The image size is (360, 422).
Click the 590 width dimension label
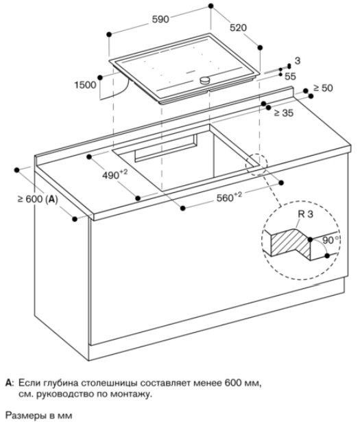160,19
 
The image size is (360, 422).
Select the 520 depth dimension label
238,27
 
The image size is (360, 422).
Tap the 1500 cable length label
85,85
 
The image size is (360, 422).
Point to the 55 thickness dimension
290,76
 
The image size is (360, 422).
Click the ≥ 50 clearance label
323,88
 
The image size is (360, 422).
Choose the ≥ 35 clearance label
284,113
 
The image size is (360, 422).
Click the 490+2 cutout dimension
115,174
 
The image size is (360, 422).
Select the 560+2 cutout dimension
229,197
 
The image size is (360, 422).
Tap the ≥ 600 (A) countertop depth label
38,199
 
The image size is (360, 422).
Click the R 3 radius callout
306,214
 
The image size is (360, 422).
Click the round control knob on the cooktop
205,80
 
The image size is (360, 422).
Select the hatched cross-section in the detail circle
291,243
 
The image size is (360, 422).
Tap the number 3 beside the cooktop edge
298,61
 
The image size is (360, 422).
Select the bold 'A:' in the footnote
10,383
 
